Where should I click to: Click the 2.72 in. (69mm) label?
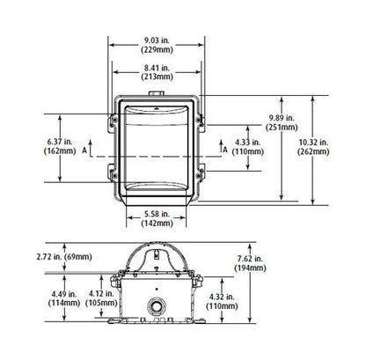click(64, 257)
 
